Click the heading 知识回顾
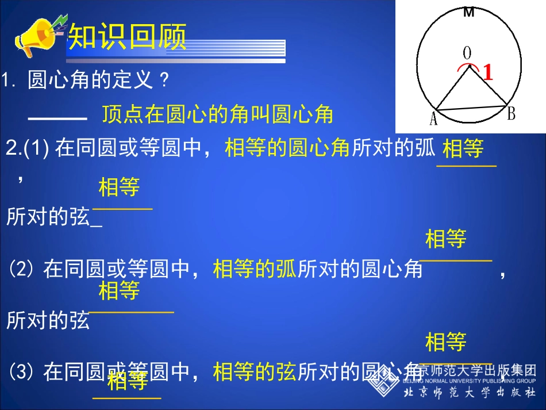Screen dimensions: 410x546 pyautogui.click(x=128, y=38)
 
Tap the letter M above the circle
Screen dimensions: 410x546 pyautogui.click(x=469, y=13)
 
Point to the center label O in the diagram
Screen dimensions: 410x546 pyautogui.click(x=467, y=53)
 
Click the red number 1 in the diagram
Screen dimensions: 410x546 pyautogui.click(x=487, y=73)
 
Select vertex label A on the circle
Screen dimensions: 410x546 pyautogui.click(x=433, y=118)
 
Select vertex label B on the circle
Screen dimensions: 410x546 pyautogui.click(x=511, y=114)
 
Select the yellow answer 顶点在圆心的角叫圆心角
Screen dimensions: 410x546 pyautogui.click(x=218, y=114)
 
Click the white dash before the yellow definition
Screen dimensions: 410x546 pyautogui.click(x=57, y=118)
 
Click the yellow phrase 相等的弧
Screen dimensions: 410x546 pyautogui.click(x=255, y=269)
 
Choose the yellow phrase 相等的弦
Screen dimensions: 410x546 pyautogui.click(x=254, y=372)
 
